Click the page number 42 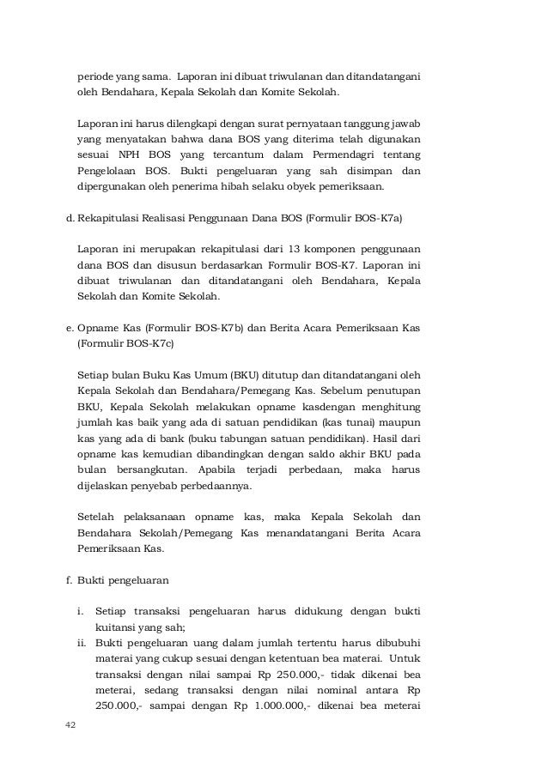(x=70, y=725)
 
